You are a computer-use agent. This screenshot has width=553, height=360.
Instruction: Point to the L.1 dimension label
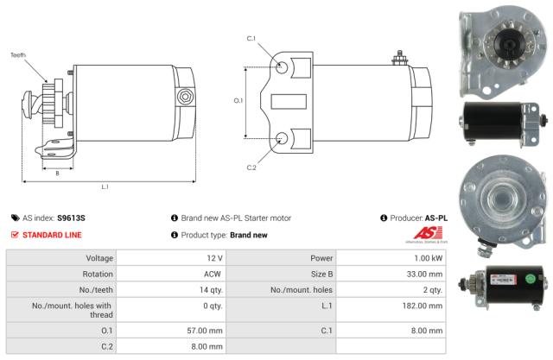105,186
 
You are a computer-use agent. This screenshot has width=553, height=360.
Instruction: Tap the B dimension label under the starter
57,173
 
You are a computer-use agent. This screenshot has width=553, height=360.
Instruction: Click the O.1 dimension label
238,101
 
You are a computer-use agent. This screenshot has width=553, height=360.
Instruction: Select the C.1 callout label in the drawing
251,39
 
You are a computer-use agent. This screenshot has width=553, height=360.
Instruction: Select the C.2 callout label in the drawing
251,167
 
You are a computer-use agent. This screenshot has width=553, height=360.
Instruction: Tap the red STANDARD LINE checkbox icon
15,234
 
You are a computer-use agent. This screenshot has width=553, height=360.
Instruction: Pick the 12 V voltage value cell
214,258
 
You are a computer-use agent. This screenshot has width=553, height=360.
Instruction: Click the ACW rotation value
214,274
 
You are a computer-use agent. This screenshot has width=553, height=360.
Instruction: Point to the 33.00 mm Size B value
424,274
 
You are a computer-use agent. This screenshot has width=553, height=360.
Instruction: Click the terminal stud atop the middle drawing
400,60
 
